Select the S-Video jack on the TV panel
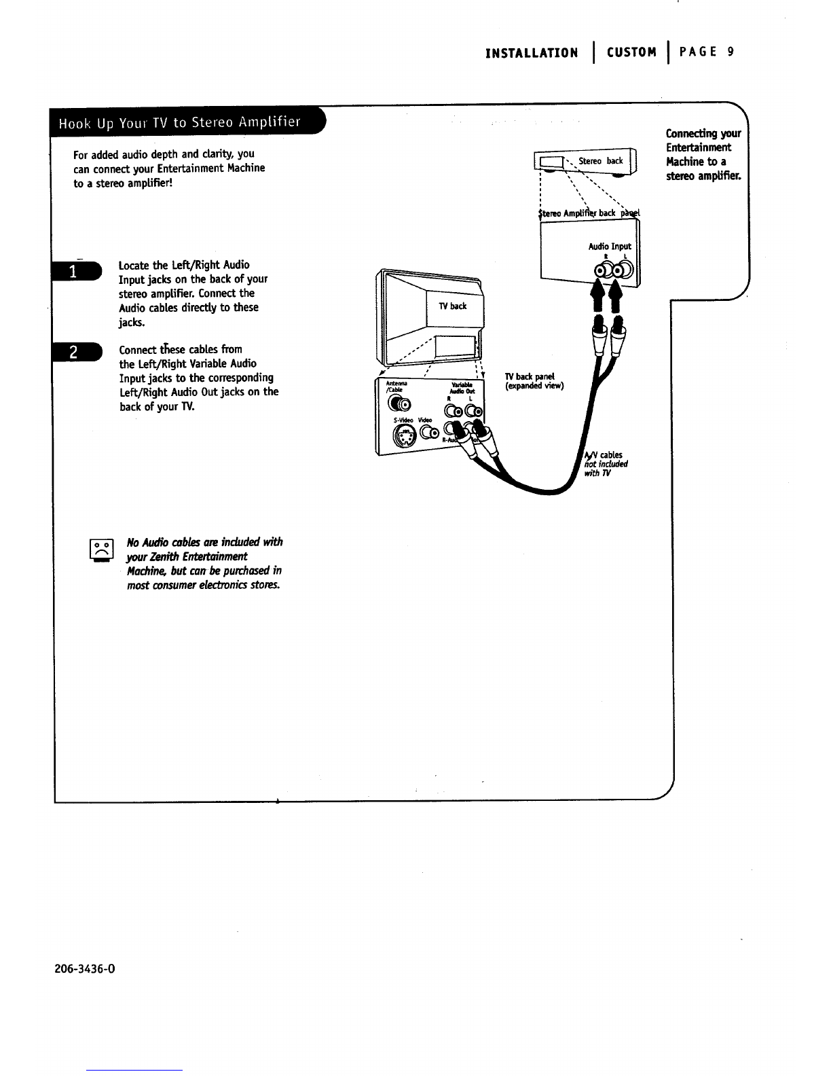[405, 439]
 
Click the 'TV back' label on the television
[453, 306]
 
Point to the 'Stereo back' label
[605, 161]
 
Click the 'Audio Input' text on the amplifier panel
[609, 247]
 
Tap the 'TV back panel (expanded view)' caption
[534, 382]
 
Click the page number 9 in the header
[730, 52]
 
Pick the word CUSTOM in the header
[632, 52]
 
